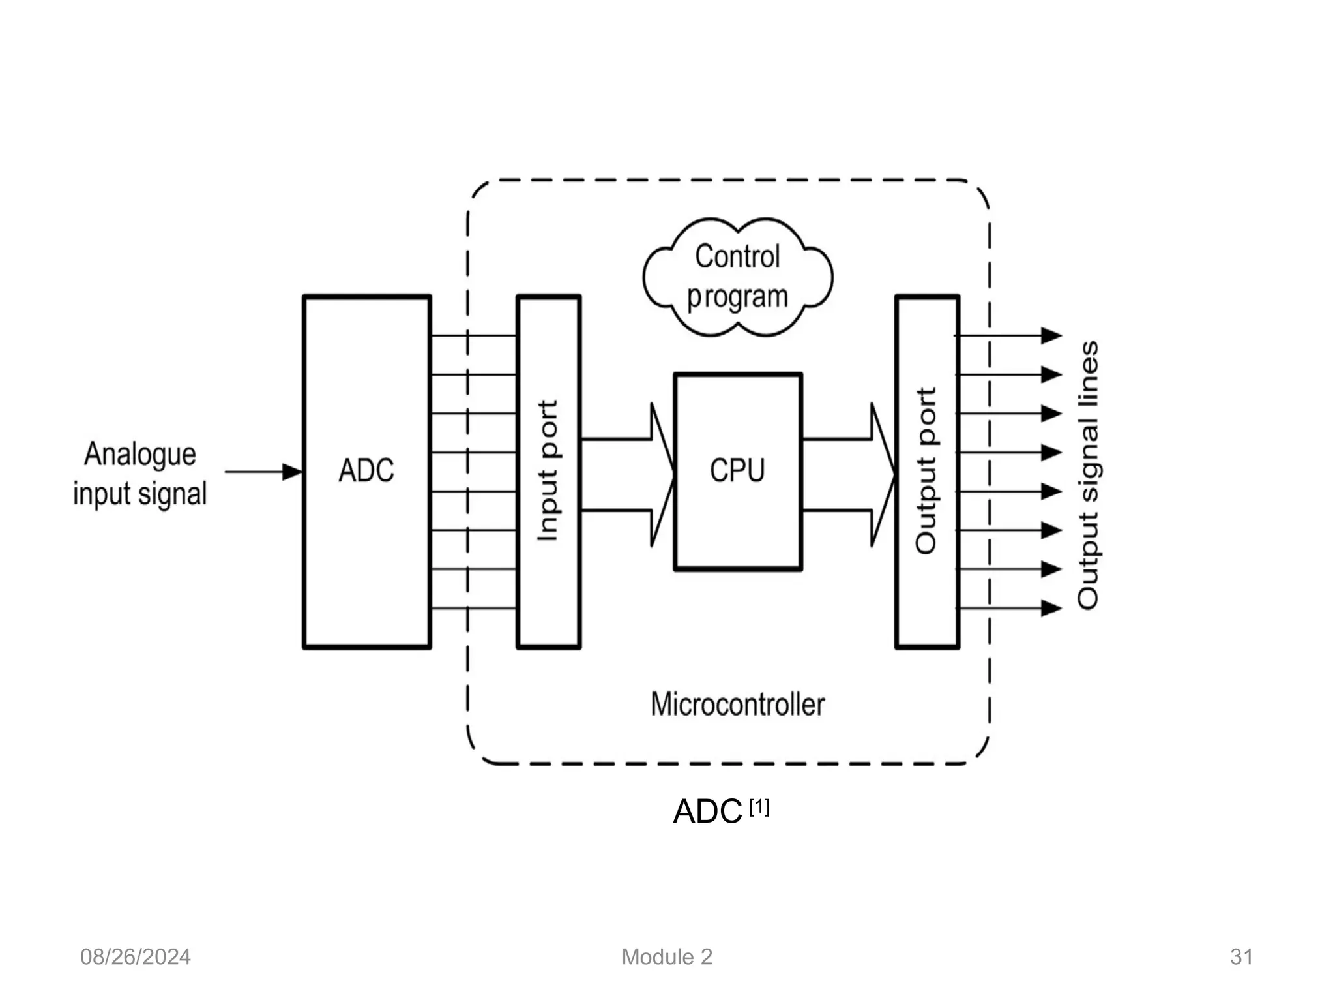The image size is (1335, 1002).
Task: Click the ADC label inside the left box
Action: click(x=366, y=470)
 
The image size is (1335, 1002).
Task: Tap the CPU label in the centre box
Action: click(x=737, y=470)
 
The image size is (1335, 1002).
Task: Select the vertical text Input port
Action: click(x=548, y=470)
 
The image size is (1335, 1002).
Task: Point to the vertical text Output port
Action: click(x=926, y=470)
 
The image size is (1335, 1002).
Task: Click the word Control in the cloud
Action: click(x=737, y=256)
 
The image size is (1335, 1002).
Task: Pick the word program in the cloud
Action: click(x=737, y=297)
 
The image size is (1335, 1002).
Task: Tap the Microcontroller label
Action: click(x=737, y=705)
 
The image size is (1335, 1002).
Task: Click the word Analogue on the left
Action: click(x=140, y=453)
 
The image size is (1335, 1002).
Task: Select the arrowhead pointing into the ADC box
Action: click(x=293, y=472)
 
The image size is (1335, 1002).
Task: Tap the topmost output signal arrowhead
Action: click(x=1051, y=335)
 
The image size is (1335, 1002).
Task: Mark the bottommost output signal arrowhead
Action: click(x=1051, y=608)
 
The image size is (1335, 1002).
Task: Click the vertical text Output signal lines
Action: click(x=1088, y=475)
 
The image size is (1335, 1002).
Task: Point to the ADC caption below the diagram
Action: click(x=708, y=812)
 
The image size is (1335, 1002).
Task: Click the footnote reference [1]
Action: click(x=759, y=808)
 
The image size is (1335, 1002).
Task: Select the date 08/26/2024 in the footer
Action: click(x=136, y=957)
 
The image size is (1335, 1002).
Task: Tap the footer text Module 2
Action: click(x=667, y=957)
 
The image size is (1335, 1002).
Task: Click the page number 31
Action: click(x=1241, y=957)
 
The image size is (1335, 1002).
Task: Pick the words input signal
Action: click(x=140, y=494)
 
